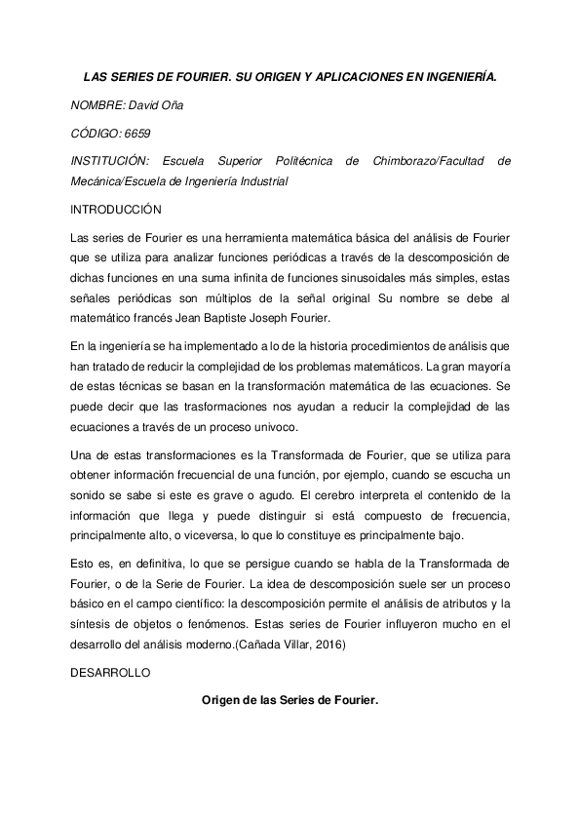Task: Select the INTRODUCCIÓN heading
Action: click(x=115, y=210)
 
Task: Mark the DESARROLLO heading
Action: click(x=109, y=674)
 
